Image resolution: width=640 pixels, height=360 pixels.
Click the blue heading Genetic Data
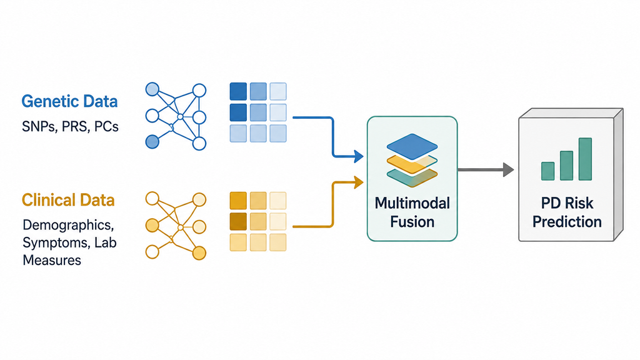coord(69,101)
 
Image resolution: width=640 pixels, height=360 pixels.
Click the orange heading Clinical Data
coord(68,200)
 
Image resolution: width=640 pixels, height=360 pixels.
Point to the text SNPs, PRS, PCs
coord(70,126)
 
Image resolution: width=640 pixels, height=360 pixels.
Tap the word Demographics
coord(68,225)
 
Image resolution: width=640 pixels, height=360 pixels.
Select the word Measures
coord(52,260)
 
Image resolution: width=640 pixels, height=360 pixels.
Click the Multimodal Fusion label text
coord(412,212)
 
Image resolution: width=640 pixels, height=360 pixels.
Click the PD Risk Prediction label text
coord(567,212)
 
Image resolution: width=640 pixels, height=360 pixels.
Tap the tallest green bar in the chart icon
coord(585,159)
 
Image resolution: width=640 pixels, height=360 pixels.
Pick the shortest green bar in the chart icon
coord(547,171)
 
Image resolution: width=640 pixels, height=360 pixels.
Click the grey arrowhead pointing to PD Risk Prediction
coord(508,169)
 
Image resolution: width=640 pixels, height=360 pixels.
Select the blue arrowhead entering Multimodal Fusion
coord(359,156)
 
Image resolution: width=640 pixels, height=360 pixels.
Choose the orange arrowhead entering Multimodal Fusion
coord(359,182)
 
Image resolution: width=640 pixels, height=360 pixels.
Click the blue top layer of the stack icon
coord(412,146)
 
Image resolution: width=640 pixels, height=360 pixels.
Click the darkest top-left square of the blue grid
coord(238,91)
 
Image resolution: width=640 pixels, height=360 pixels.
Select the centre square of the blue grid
coord(258,112)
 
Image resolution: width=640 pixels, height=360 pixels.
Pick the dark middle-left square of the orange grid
coord(238,221)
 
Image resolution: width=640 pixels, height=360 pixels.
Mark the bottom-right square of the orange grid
coord(278,242)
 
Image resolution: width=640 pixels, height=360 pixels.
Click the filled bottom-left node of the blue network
coord(152,142)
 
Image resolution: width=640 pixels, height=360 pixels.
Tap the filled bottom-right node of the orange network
coord(199,253)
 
